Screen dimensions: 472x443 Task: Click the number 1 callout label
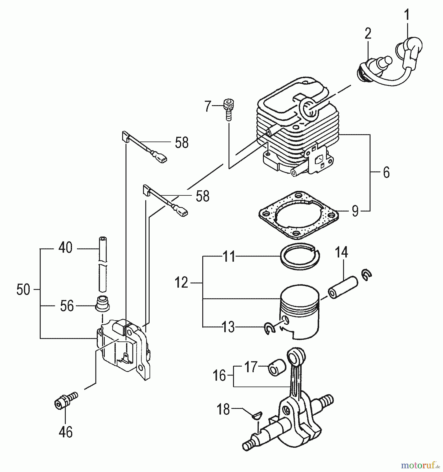(x=406, y=15)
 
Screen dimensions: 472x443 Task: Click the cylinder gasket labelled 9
(x=298, y=215)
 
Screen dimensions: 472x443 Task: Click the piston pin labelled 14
(x=343, y=288)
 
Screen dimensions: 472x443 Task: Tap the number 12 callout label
(x=181, y=283)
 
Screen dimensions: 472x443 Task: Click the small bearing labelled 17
(x=276, y=368)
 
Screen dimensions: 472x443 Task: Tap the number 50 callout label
(x=23, y=290)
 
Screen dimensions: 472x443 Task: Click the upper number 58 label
(x=182, y=143)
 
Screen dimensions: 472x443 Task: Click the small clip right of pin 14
(x=366, y=275)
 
